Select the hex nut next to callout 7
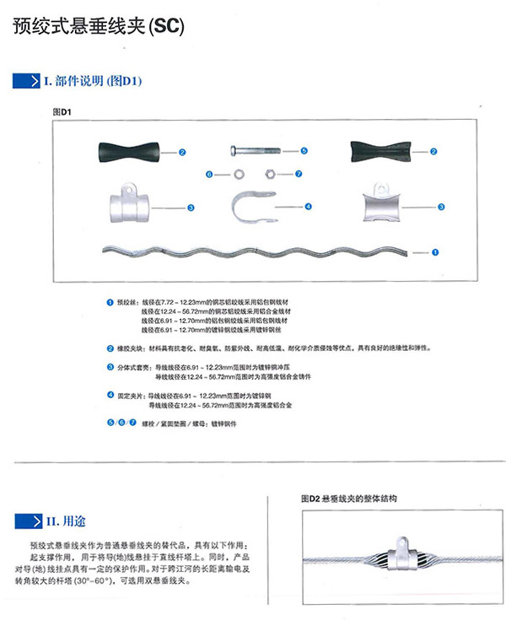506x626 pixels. [268, 175]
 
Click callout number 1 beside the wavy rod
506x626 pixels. [435, 251]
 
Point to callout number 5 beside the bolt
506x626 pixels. [304, 150]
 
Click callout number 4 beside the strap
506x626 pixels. [309, 206]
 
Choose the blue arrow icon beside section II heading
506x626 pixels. [30, 521]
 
